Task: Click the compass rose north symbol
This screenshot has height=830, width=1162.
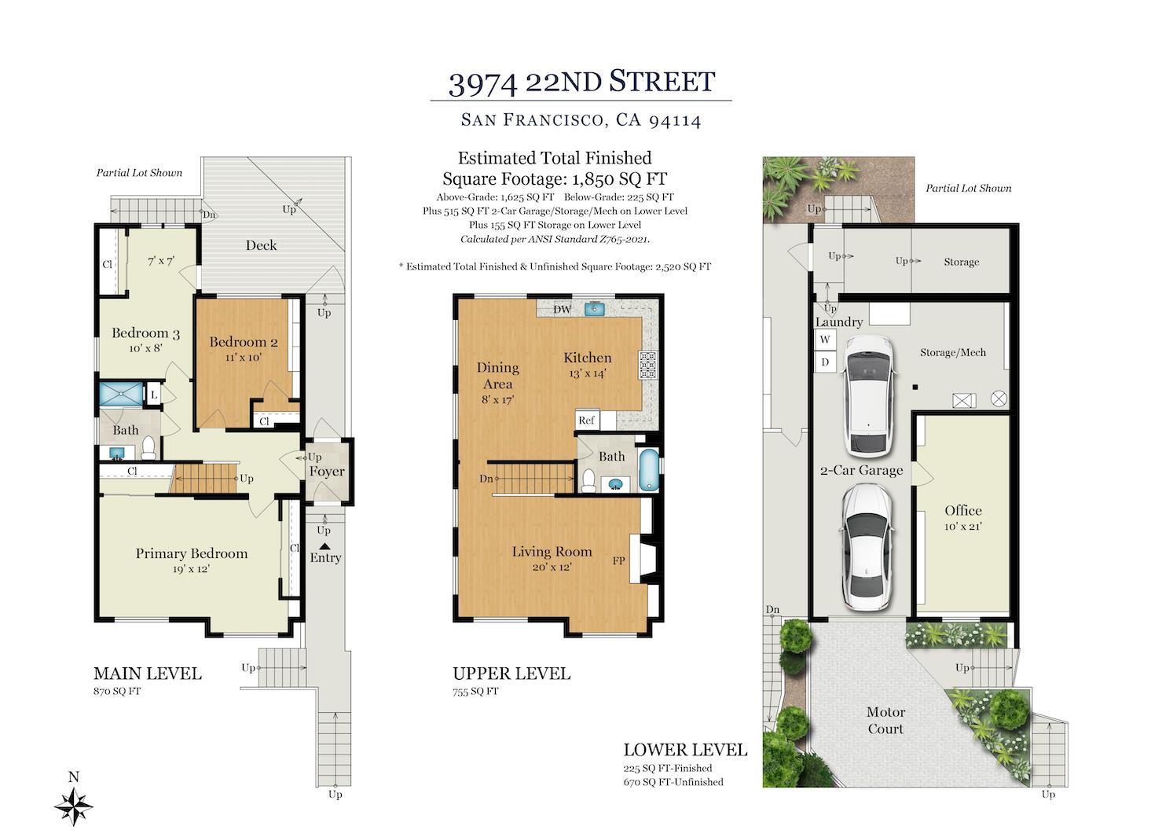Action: [74, 805]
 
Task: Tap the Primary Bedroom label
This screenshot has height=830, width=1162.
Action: [191, 553]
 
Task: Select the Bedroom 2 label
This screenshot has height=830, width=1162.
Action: [243, 342]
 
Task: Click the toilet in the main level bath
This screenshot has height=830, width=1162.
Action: [148, 449]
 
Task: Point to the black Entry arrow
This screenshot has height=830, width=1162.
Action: [324, 545]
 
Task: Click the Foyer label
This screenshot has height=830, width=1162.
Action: [326, 472]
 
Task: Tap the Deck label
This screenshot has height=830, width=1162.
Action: [261, 245]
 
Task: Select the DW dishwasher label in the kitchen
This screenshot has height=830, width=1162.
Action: [562, 309]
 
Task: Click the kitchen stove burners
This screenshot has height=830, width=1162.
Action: [648, 366]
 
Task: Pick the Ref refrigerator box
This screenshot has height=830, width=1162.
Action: [587, 420]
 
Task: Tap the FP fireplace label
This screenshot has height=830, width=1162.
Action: [619, 561]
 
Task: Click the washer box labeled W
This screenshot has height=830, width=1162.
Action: [825, 340]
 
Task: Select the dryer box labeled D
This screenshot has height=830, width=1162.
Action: [825, 362]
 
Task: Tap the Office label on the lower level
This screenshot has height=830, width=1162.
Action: [963, 510]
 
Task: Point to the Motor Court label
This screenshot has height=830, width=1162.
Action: [885, 720]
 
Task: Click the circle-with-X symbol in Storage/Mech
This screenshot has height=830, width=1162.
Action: [999, 398]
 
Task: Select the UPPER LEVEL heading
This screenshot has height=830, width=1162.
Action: [511, 674]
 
